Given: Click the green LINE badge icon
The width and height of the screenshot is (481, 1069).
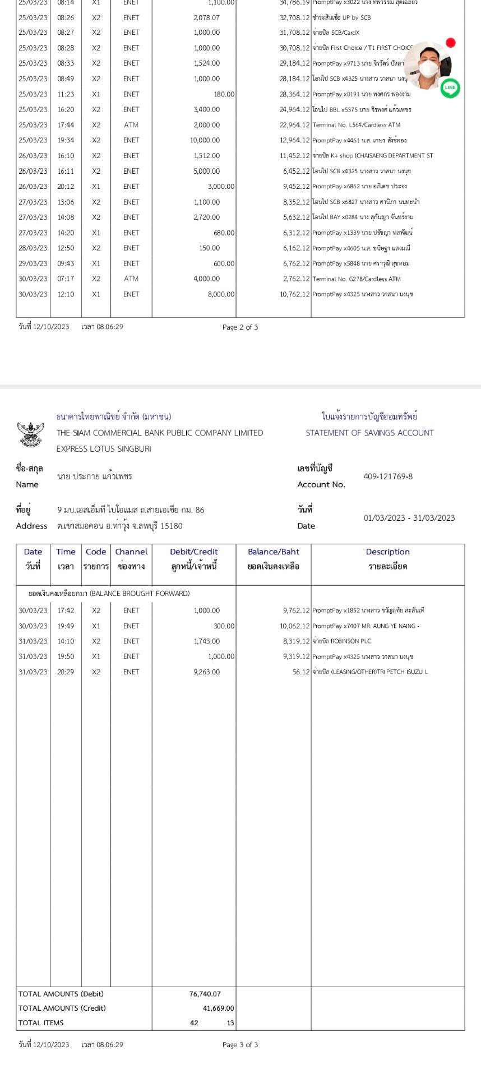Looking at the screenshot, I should click(450, 88).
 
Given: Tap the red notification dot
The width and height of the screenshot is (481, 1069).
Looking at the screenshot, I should click(451, 43).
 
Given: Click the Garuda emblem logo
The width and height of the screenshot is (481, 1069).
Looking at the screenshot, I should click(31, 434).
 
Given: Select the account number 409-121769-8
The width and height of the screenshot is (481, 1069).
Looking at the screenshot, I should click(388, 476).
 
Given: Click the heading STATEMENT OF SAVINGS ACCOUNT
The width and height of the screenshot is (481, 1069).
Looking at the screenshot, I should click(369, 433).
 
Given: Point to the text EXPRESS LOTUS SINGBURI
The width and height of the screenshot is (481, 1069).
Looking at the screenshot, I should click(104, 449).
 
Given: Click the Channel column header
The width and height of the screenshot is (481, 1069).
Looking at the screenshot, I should click(131, 552).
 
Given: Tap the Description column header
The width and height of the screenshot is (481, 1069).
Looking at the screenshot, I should click(387, 552).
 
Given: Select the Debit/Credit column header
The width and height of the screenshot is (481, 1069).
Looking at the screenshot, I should click(193, 552).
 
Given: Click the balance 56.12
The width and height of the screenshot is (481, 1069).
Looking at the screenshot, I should click(300, 672).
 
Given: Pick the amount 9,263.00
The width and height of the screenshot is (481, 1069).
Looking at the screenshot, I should click(207, 672).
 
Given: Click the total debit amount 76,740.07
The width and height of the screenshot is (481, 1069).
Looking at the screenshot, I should click(205, 994).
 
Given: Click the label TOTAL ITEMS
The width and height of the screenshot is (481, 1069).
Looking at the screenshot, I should click(41, 1022).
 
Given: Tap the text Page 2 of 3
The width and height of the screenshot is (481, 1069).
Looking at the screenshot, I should click(240, 327).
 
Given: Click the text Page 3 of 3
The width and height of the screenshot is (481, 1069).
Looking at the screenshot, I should click(240, 1044).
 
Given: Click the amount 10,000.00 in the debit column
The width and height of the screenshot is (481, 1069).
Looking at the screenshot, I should click(205, 140).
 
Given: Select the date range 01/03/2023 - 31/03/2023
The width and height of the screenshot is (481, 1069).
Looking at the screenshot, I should click(409, 518).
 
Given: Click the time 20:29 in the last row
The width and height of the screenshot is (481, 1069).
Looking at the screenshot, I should click(66, 672).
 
